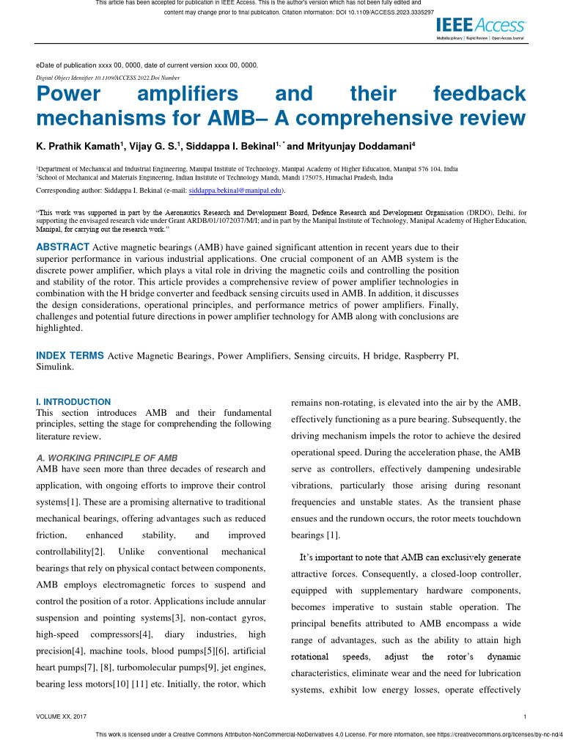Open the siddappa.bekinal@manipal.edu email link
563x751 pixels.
click(235, 190)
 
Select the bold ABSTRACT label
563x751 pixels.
click(63, 246)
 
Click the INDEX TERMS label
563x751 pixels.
click(70, 356)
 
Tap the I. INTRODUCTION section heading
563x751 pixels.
click(73, 402)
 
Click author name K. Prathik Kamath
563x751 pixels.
click(80, 146)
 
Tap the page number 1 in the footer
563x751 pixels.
click(526, 717)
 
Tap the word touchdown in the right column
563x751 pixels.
click(493, 519)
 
